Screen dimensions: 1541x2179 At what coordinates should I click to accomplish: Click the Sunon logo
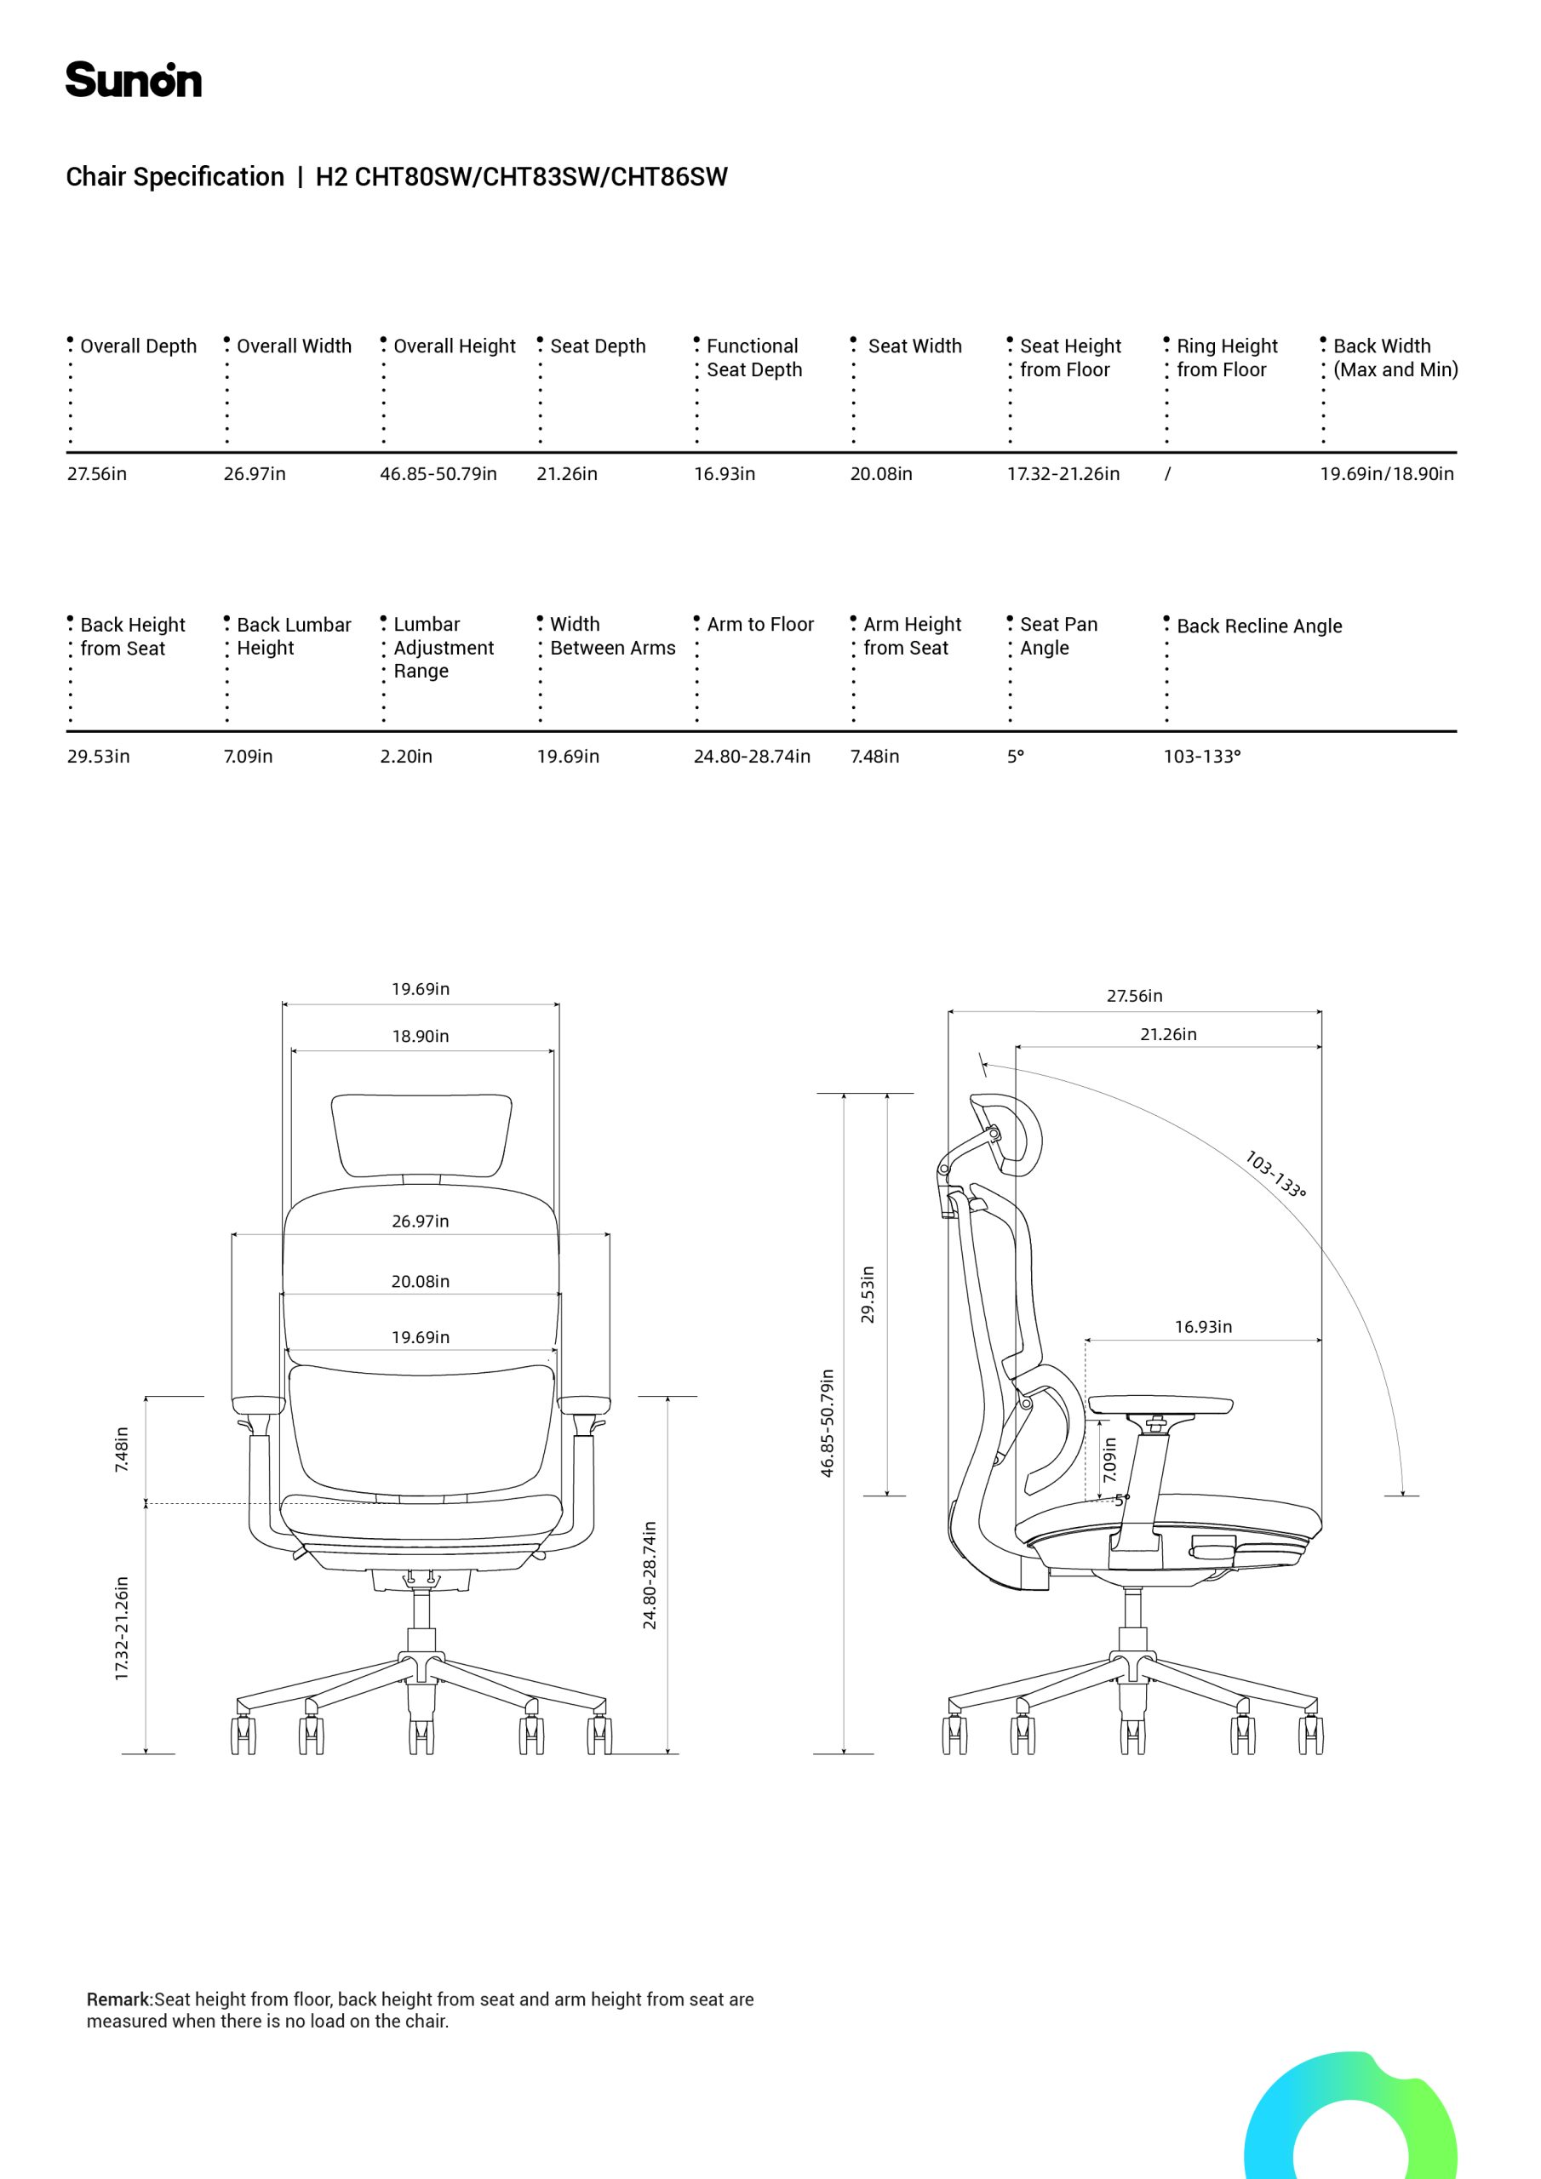134,80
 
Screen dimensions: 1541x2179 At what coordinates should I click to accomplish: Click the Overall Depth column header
139,346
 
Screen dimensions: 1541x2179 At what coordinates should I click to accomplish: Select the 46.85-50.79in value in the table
438,473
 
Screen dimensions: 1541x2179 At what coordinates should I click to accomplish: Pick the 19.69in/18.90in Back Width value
1387,473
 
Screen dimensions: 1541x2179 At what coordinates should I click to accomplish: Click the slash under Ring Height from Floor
1168,473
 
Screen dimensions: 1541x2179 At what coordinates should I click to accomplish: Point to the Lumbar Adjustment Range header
444,647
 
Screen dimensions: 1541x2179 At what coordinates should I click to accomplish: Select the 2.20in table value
406,757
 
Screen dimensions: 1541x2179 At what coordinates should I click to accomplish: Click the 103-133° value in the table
1202,757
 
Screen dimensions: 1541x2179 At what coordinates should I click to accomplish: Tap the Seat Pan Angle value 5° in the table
1016,757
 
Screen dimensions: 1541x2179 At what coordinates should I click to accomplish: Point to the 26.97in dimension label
421,1221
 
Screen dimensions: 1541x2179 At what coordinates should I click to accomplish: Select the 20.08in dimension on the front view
421,1281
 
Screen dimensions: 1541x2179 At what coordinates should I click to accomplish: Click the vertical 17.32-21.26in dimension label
122,1628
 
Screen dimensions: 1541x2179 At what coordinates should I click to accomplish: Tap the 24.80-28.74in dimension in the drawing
650,1576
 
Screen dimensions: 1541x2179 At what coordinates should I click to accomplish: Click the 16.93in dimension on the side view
1203,1327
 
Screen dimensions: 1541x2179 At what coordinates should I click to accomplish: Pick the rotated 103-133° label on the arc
1275,1174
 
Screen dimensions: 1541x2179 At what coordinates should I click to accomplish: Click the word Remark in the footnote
120,1999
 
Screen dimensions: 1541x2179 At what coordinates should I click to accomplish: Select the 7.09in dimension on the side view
1110,1459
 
